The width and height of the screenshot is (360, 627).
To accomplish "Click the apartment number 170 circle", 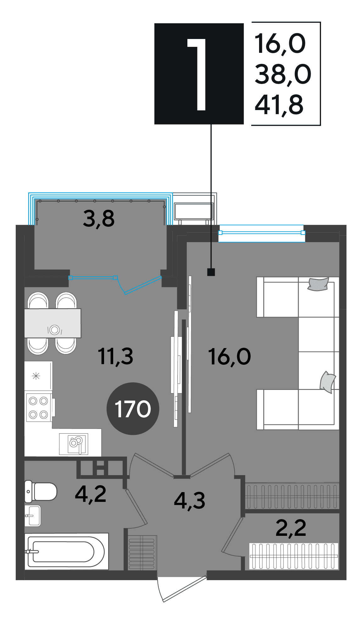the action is tap(133, 408).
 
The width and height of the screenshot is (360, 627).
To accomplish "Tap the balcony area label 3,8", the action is tap(99, 219).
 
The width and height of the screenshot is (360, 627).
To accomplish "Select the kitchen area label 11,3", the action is tap(116, 357).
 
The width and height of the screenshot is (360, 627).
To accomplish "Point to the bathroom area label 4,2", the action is tap(91, 494).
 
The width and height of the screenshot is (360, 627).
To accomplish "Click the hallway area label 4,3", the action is tap(190, 501).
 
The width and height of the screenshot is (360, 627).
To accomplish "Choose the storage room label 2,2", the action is tap(291, 528).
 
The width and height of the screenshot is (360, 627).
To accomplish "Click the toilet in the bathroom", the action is tap(41, 491).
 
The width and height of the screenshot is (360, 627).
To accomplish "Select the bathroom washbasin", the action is tap(33, 516).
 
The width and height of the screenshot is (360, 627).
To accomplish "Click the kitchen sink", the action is tap(74, 444).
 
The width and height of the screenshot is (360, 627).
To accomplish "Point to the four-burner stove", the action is tap(38, 408).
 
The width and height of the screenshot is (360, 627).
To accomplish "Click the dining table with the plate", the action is tap(53, 323).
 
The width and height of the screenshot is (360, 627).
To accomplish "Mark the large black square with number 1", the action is tap(199, 74).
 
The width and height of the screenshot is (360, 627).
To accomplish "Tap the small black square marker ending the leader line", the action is tap(211, 272).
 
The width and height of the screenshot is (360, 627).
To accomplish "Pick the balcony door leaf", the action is tap(143, 286).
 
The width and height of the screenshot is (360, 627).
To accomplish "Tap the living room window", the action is tap(262, 233).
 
